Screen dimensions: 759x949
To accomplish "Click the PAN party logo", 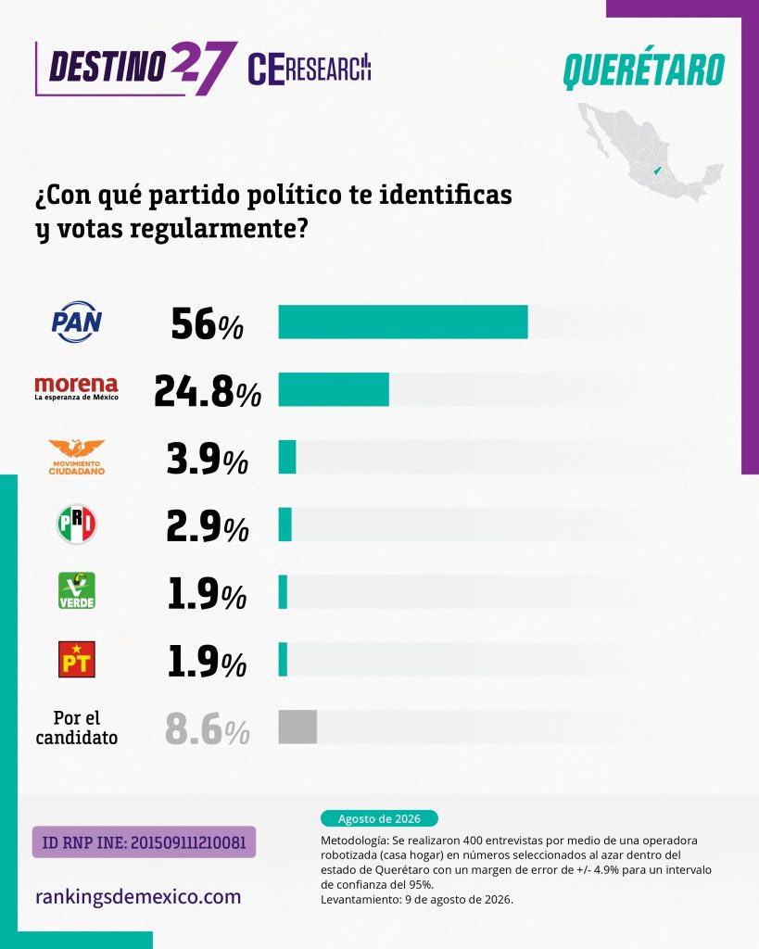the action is click(76, 322).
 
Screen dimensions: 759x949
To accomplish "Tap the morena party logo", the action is click(76, 388).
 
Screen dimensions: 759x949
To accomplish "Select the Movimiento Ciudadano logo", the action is click(76, 457).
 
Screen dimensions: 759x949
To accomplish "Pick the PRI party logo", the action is click(76, 525).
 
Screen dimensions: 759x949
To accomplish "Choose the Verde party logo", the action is click(76, 590).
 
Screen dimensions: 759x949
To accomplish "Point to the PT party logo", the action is click(76, 659).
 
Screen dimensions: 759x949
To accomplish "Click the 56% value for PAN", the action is click(207, 323).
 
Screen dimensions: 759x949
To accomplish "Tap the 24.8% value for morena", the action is click(207, 391).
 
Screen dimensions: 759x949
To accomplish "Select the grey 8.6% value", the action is click(207, 729).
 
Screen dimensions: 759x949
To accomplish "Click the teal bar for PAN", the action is click(403, 322).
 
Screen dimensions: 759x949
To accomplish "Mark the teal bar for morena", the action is click(334, 389).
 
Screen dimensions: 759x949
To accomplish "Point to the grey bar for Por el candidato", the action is click(297, 727).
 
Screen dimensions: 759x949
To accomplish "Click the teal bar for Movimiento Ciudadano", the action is click(287, 457).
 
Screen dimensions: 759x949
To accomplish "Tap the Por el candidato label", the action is click(76, 728).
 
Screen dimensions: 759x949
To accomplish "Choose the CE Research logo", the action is click(310, 69).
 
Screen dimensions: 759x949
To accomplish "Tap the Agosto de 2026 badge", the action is click(379, 818).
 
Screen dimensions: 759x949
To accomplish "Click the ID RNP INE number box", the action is click(144, 841).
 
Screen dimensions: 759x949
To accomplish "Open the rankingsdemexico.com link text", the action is click(138, 896).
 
